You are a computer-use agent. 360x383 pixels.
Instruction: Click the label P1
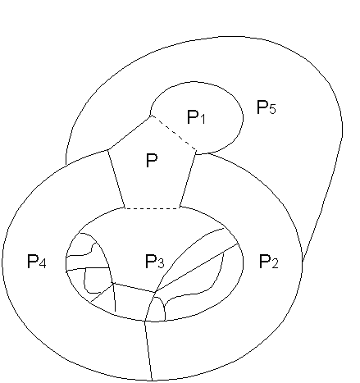click(x=196, y=117)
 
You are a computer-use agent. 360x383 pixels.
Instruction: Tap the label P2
click(x=268, y=262)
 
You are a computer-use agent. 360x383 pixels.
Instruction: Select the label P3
click(x=154, y=262)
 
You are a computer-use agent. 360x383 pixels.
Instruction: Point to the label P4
click(x=37, y=262)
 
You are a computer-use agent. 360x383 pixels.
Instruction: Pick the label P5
click(x=267, y=107)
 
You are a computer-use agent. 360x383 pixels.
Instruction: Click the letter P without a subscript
click(x=152, y=160)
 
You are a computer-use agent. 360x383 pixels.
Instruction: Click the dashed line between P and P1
click(x=173, y=133)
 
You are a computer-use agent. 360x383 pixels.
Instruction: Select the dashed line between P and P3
click(x=152, y=208)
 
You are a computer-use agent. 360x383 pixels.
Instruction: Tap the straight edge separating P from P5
click(x=130, y=133)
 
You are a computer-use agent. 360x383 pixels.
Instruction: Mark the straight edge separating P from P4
click(x=116, y=179)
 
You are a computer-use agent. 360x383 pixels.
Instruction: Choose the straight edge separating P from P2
click(x=188, y=179)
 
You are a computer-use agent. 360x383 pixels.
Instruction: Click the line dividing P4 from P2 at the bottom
click(x=148, y=350)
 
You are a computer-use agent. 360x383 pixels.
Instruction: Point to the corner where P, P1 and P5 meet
click(x=151, y=116)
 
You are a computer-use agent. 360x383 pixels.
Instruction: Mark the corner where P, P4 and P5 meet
click(x=108, y=150)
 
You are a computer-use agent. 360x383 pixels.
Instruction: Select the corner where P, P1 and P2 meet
click(x=196, y=151)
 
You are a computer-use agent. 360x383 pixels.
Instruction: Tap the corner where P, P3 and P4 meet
click(x=125, y=208)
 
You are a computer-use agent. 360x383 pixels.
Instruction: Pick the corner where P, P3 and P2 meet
click(x=180, y=207)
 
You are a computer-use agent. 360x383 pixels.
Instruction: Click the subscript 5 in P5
click(x=272, y=109)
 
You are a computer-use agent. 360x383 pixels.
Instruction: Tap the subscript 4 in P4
click(x=43, y=263)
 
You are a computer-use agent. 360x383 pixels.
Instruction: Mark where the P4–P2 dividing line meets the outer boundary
click(x=152, y=381)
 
